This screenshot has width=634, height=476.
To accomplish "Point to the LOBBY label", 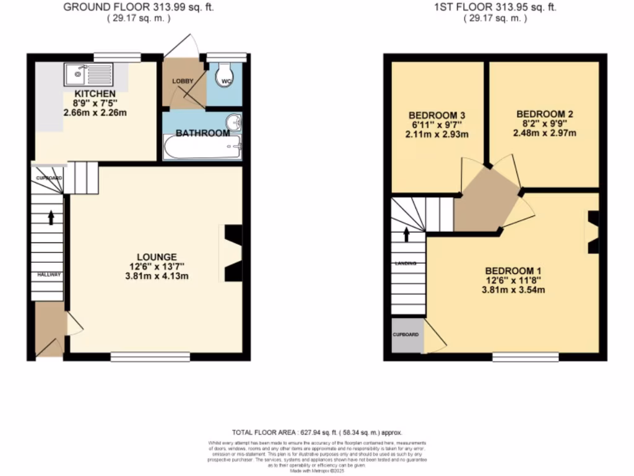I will coord(183,81).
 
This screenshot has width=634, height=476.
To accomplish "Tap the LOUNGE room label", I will coord(157,257).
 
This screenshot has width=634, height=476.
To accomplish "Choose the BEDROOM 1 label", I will coord(513,271).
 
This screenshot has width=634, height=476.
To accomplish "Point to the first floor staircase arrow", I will coord(407,234).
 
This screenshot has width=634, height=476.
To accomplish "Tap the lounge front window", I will coord(150,356).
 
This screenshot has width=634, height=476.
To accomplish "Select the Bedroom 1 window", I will coord(526,356).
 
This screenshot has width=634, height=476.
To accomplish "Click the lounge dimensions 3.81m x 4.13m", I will coord(157,276).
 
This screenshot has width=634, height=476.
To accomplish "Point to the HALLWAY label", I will coord(48,274).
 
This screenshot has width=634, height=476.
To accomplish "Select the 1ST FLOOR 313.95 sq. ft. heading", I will coord(495,7).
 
